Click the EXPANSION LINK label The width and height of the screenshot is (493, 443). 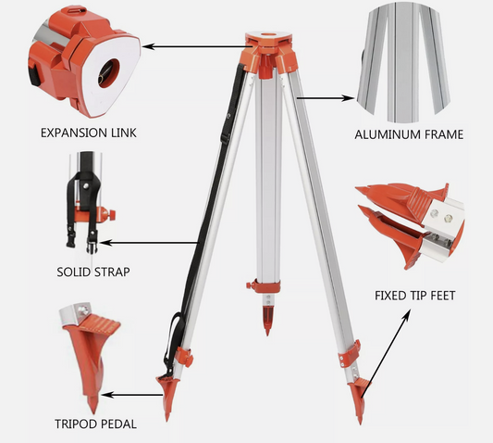point(89,133)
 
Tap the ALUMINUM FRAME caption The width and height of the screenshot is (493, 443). point(409,134)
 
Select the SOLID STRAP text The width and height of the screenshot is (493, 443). point(93,272)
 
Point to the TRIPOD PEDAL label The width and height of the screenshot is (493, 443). point(95,424)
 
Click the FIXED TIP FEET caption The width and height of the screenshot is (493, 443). point(415,296)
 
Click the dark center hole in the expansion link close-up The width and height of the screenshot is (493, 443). point(109,72)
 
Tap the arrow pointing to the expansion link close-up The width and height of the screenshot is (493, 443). point(197,47)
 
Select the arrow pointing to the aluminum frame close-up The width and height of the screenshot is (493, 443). point(325,98)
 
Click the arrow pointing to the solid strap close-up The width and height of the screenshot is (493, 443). point(149,243)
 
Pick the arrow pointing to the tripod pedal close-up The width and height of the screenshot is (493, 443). point(132,395)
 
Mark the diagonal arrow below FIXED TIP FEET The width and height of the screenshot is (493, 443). point(386,354)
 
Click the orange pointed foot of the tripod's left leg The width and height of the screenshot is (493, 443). point(168,398)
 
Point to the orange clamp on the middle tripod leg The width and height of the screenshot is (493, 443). point(264,286)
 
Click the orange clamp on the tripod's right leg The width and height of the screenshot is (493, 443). point(350,353)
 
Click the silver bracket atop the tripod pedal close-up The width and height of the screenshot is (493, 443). point(76,313)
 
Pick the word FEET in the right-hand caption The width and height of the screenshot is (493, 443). point(442,296)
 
